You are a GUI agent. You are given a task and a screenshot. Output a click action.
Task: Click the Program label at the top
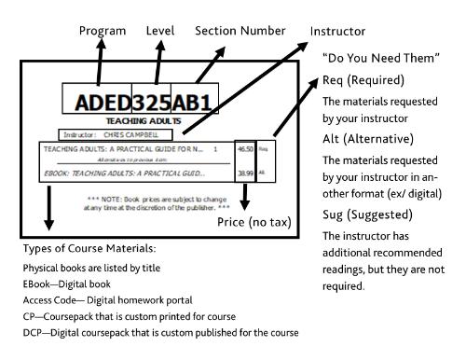tap(103, 31)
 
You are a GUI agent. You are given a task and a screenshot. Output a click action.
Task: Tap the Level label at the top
tap(160, 31)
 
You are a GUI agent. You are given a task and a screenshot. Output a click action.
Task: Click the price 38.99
tap(245, 173)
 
